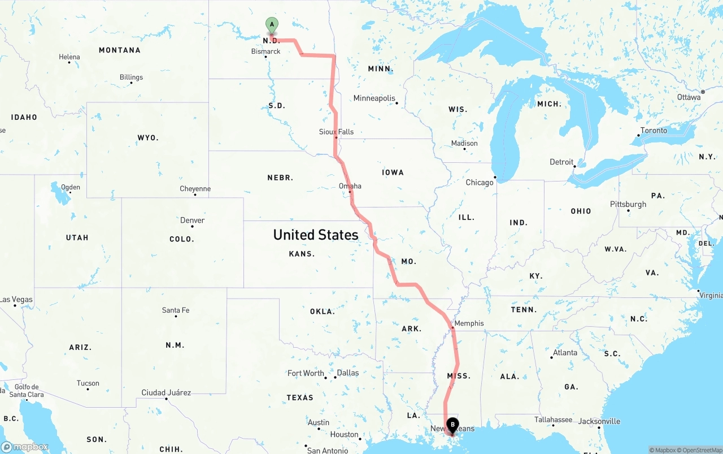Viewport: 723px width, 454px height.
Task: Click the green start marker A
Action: click(x=272, y=25)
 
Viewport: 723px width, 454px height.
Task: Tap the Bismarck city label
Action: click(x=265, y=51)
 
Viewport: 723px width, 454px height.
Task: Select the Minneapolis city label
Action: click(x=374, y=98)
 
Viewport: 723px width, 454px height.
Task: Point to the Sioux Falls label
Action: click(x=336, y=132)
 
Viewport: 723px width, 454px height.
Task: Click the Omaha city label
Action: click(x=350, y=186)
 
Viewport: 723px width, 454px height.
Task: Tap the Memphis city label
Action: click(x=469, y=323)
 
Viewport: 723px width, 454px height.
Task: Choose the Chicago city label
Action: click(x=479, y=183)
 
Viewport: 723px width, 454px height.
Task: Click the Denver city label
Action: click(x=192, y=220)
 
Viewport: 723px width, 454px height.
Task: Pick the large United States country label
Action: click(x=315, y=235)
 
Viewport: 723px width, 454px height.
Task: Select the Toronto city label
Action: click(x=653, y=131)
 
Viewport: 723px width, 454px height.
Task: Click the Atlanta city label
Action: click(x=565, y=353)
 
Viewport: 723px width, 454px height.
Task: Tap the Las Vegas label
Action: click(x=16, y=300)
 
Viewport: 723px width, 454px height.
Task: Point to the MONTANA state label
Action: click(x=120, y=50)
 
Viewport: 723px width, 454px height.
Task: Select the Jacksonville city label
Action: click(x=599, y=421)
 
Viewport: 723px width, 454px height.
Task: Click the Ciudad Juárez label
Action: click(x=166, y=393)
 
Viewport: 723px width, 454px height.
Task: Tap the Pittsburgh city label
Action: click(x=628, y=205)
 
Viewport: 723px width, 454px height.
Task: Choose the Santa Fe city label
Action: click(x=176, y=310)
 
